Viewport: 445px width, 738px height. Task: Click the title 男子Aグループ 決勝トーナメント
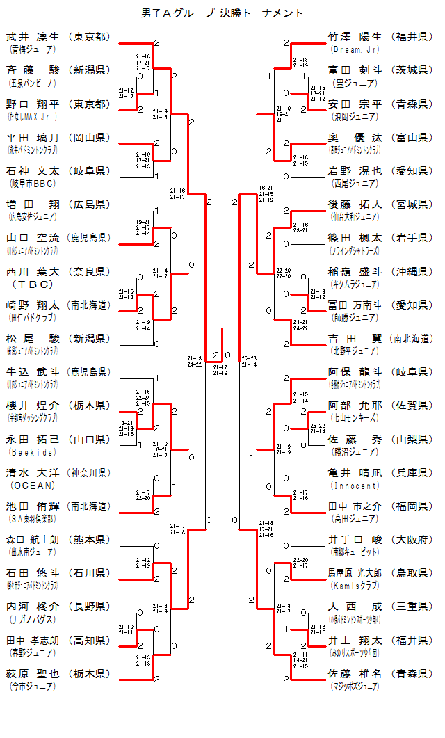click(x=222, y=13)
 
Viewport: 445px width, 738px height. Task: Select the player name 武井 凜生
click(x=33, y=37)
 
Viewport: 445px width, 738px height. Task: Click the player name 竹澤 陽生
click(x=355, y=37)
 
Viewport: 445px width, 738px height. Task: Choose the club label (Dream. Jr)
click(x=355, y=49)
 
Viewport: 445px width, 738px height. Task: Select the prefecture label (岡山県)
click(x=90, y=137)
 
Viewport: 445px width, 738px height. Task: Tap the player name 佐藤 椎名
click(x=355, y=673)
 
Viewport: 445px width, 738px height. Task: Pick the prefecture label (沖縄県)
click(x=412, y=271)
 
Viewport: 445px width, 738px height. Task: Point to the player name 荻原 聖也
click(x=33, y=673)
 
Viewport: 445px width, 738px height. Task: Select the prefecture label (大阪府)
click(x=412, y=539)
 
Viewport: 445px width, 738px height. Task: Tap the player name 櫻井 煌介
click(x=33, y=406)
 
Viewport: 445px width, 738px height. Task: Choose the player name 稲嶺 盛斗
click(x=355, y=271)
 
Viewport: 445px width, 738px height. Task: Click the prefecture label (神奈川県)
click(x=90, y=472)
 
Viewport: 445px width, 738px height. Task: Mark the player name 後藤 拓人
click(x=355, y=204)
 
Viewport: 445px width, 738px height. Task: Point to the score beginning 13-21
click(x=126, y=422)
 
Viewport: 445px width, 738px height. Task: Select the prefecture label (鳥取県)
click(x=412, y=572)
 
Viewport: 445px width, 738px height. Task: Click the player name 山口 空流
click(x=33, y=238)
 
